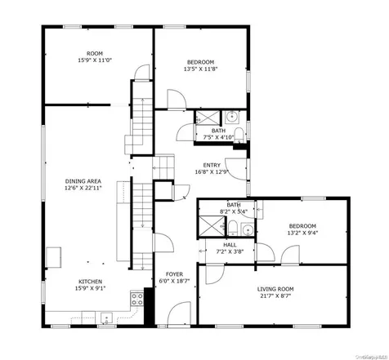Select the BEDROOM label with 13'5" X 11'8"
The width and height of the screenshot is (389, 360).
coord(200,62)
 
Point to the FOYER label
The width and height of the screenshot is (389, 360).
coord(174,273)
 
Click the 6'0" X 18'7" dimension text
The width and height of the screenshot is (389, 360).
coord(174,281)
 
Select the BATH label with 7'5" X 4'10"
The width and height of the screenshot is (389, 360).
coord(218,130)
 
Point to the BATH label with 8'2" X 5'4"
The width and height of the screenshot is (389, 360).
coord(234,205)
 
